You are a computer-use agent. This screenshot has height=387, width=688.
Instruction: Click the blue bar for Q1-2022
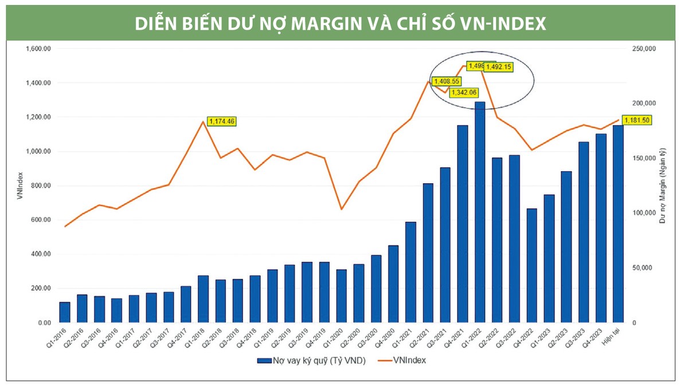coord(480,212)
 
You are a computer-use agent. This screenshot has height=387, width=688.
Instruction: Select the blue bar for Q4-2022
coord(531,266)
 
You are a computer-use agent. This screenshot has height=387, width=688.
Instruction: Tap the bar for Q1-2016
coord(65,312)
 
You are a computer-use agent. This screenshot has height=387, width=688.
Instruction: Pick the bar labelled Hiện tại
coord(618,224)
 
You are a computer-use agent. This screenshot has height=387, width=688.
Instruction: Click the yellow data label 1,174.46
coord(221,121)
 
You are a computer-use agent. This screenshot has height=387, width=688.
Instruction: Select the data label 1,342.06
coord(463,92)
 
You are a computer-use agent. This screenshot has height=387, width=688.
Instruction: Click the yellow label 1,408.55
coord(447,81)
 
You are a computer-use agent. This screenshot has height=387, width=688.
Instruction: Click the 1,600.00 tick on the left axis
coord(38,49)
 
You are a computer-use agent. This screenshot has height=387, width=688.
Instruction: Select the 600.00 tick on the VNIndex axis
coord(40,220)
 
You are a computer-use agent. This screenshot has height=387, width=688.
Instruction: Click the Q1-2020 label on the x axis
coord(338,338)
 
